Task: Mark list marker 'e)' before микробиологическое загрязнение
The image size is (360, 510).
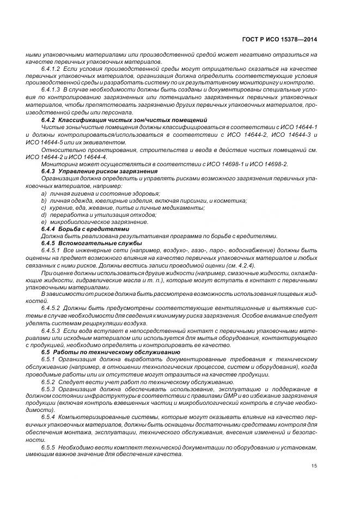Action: point(44,221)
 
